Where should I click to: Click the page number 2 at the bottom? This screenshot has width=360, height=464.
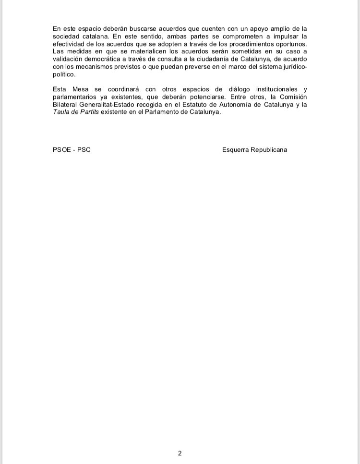[180, 453]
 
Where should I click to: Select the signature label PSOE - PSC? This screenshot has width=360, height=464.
[72, 149]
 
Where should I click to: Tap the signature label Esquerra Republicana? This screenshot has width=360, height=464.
[254, 149]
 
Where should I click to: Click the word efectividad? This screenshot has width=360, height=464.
[71, 44]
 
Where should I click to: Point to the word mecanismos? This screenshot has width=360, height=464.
[89, 67]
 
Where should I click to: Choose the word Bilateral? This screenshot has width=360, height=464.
[66, 105]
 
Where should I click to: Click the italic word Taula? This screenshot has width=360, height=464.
[62, 112]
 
